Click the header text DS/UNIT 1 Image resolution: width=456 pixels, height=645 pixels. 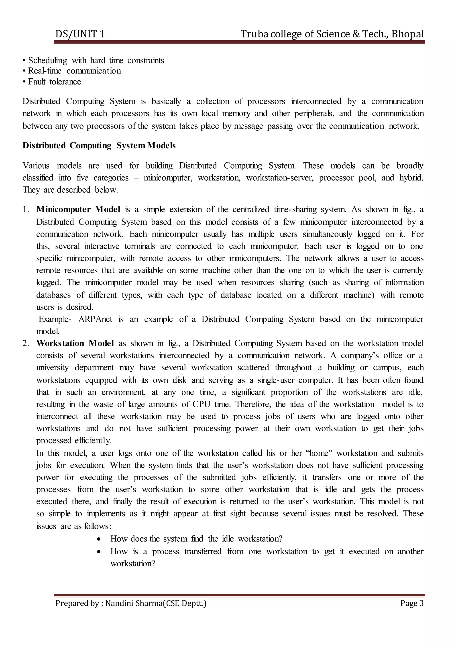click(x=80, y=34)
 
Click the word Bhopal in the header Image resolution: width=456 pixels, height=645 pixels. click(x=407, y=34)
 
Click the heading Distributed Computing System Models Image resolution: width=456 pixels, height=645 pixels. click(x=99, y=145)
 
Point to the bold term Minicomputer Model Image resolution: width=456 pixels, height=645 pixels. click(x=78, y=210)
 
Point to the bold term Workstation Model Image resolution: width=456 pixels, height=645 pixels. click(x=75, y=343)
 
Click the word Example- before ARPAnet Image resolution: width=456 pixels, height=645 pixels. click(x=55, y=319)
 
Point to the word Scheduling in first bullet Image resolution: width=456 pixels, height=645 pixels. click(x=47, y=60)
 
